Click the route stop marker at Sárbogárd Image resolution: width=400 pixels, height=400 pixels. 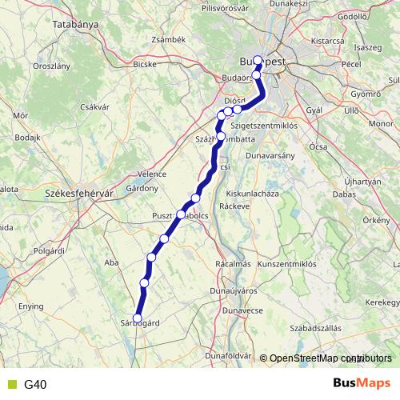(x=137, y=318)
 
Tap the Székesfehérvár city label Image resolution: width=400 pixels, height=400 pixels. (x=77, y=194)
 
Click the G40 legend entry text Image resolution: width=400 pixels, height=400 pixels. (x=35, y=385)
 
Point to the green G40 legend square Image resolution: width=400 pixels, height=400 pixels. (x=10, y=385)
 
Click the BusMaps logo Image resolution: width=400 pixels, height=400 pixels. (x=362, y=384)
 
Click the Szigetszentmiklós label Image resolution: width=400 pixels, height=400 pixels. (x=264, y=126)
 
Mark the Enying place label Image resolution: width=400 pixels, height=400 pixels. (x=31, y=306)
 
